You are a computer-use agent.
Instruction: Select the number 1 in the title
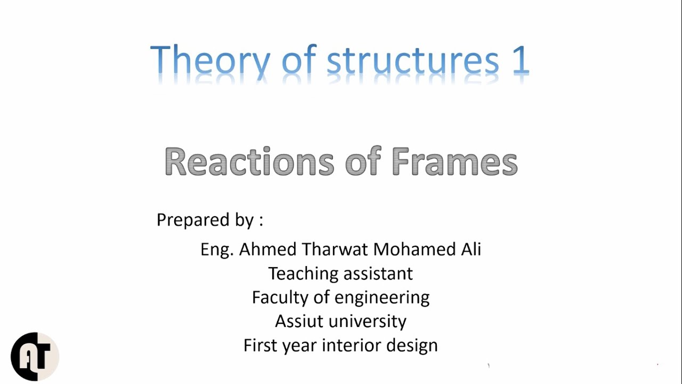[520, 60]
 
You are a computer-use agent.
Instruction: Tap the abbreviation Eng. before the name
[216, 250]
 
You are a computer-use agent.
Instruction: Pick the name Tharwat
[335, 249]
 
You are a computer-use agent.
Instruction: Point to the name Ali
[470, 249]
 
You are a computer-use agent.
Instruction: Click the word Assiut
[298, 321]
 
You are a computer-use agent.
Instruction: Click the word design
[414, 346]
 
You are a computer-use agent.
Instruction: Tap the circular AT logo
[35, 356]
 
